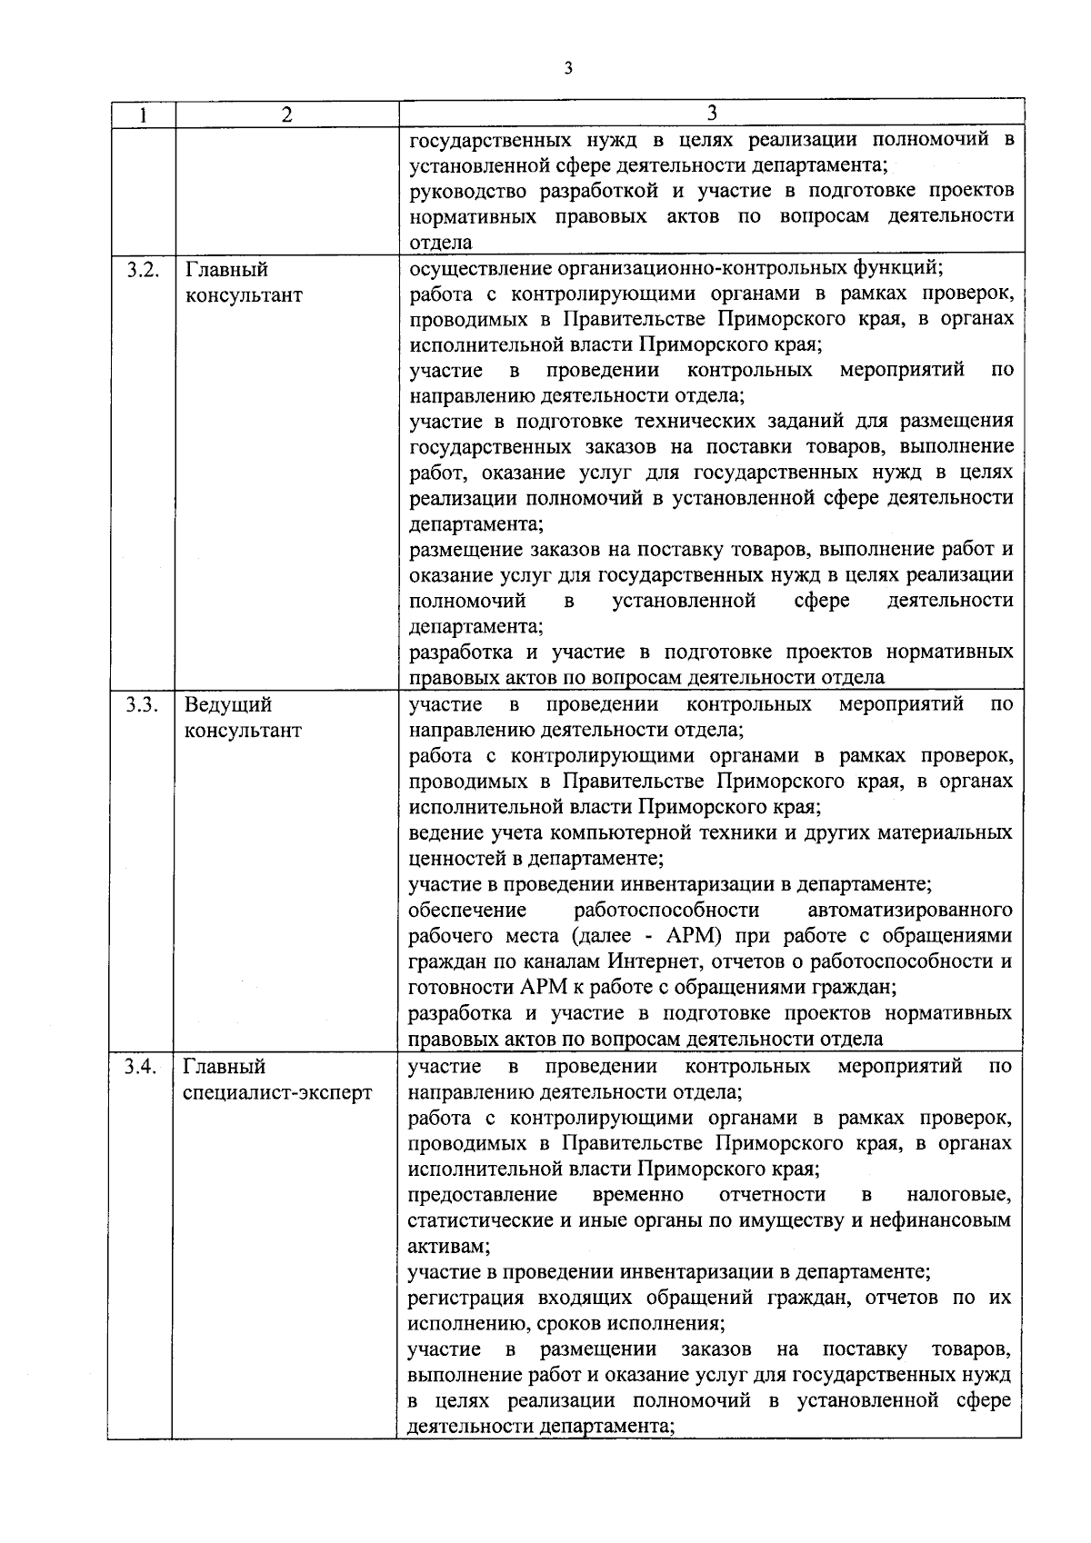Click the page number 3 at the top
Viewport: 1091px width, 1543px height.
tap(567, 70)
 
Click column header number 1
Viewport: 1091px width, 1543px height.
tap(142, 114)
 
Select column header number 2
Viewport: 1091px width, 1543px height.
tap(287, 114)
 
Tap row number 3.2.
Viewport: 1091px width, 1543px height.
tap(143, 270)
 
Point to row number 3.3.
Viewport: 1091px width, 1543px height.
tap(143, 705)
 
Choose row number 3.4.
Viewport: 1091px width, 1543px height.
tap(143, 1067)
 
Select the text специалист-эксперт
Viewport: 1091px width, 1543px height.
tap(277, 1092)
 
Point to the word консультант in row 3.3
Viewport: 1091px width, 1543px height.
tap(243, 731)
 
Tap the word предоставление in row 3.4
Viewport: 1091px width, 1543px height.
tap(482, 1194)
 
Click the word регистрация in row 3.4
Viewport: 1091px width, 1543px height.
tap(465, 1298)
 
